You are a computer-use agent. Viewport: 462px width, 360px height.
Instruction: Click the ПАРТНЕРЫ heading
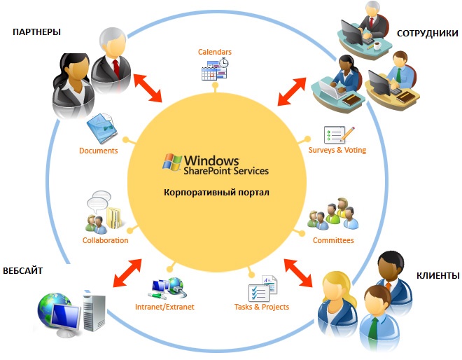pos(36,32)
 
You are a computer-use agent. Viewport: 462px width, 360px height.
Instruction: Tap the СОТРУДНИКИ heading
pos(428,34)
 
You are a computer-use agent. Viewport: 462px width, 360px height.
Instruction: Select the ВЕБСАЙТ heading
pos(22,270)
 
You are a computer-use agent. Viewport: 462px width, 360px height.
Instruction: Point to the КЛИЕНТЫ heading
pos(437,276)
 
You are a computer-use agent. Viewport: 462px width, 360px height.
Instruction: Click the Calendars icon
pos(215,69)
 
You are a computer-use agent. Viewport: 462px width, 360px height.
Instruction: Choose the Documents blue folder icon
pos(101,128)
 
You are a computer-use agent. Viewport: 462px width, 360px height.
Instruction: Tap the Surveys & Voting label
pos(337,150)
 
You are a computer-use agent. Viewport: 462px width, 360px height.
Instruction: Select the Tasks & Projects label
pos(262,307)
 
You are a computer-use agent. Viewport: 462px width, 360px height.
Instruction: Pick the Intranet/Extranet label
pos(164,307)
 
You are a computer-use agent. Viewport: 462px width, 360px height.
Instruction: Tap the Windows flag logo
pos(172,162)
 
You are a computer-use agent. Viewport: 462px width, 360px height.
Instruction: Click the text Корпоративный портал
pos(216,193)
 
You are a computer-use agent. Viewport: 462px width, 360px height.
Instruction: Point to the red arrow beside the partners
pos(148,88)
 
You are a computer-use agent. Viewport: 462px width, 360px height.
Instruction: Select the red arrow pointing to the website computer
pos(127,272)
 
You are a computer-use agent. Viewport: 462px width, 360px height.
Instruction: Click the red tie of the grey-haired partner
pos(116,69)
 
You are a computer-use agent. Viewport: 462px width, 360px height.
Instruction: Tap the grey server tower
pos(94,312)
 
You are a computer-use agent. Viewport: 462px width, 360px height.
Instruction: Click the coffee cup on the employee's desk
pos(377,46)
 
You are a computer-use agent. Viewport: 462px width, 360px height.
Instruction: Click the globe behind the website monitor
pos(52,307)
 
